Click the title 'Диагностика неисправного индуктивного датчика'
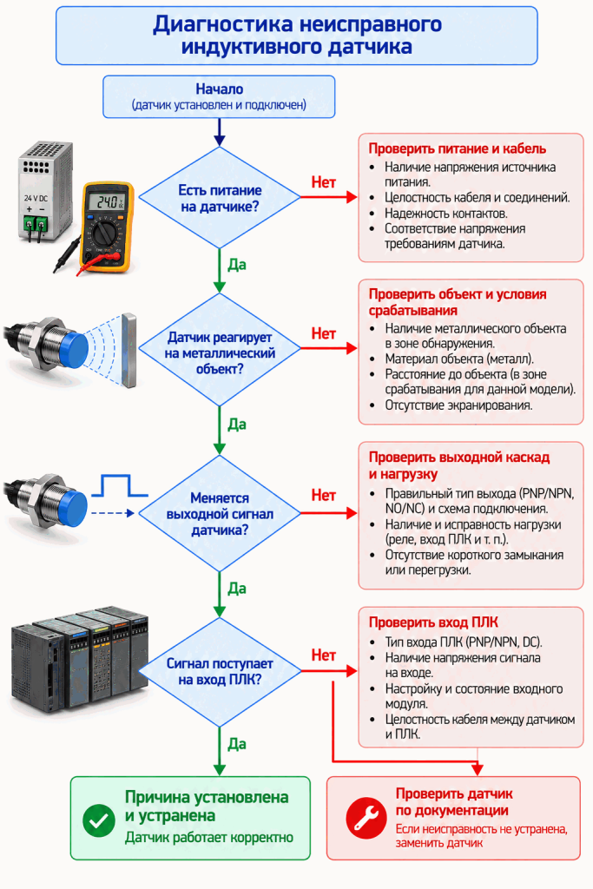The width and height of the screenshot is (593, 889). (x=297, y=35)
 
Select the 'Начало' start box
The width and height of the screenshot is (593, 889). (x=219, y=97)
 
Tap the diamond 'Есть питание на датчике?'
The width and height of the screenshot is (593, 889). (x=220, y=198)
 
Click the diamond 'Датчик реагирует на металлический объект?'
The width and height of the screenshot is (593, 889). (x=220, y=350)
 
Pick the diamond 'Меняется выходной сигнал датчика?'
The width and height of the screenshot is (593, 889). (x=220, y=514)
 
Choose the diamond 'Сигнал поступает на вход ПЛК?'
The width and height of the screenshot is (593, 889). (x=220, y=672)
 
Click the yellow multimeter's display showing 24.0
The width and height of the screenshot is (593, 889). (x=108, y=201)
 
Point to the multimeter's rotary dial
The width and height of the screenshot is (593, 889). (x=106, y=232)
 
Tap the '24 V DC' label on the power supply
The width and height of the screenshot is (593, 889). (x=36, y=199)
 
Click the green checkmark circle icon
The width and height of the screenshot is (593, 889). (x=99, y=820)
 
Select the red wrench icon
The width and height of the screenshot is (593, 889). (x=366, y=818)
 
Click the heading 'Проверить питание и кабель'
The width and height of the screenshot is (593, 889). (x=457, y=148)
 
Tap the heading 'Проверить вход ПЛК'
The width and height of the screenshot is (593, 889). (x=433, y=622)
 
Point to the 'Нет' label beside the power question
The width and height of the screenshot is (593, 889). (x=323, y=182)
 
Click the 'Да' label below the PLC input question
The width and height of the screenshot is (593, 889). (x=236, y=744)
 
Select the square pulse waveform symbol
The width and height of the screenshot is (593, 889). (x=120, y=486)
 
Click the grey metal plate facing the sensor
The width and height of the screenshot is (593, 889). (x=129, y=351)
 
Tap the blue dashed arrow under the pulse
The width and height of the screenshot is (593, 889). (x=113, y=513)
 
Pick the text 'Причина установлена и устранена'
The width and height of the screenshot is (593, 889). (x=207, y=807)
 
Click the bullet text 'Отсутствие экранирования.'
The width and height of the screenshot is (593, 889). (x=458, y=405)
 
